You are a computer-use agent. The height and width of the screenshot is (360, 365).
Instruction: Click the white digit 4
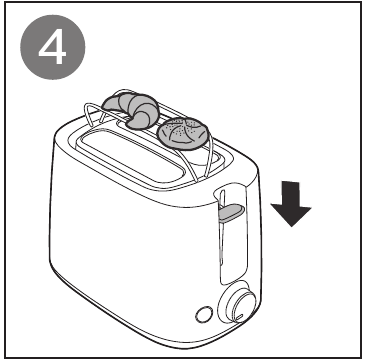click(x=53, y=47)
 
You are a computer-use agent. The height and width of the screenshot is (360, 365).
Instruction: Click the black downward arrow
click(x=291, y=203)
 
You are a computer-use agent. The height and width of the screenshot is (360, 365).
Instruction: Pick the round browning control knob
click(x=237, y=304)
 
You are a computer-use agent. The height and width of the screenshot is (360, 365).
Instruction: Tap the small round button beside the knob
click(x=204, y=314)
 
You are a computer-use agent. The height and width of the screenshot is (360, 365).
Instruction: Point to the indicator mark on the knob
click(x=240, y=317)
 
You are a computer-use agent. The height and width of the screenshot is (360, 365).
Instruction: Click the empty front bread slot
click(x=131, y=157)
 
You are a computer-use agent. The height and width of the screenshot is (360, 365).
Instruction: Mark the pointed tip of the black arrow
click(x=292, y=227)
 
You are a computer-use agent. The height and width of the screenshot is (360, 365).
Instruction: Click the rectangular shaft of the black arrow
click(x=291, y=194)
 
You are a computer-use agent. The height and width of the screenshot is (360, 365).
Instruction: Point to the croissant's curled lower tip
click(x=138, y=122)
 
